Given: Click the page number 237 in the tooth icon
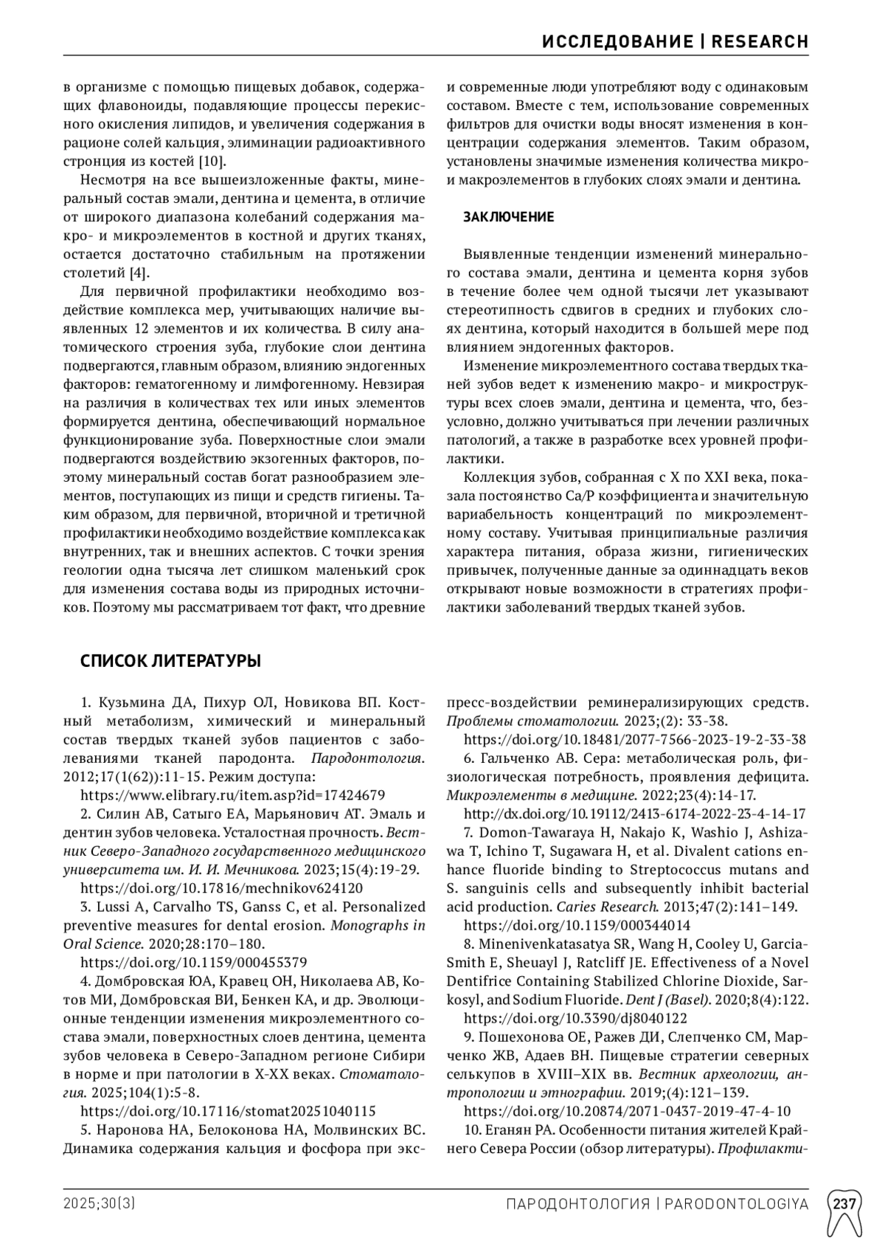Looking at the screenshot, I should tap(845, 1204).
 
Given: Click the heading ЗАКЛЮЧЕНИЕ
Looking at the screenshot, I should tap(508, 217).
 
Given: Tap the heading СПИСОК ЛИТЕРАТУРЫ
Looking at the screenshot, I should tap(170, 661).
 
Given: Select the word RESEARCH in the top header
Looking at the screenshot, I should tap(760, 41).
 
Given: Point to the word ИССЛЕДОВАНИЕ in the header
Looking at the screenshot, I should tap(617, 41).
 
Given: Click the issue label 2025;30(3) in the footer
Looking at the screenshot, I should tap(99, 1204).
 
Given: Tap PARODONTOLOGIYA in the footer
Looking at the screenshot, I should tap(737, 1204).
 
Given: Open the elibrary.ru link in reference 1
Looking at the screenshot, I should tap(232, 795).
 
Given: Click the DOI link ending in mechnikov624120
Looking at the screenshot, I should tap(221, 888).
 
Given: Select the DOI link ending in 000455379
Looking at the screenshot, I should tap(193, 962).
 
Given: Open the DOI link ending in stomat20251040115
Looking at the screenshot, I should tap(228, 1111).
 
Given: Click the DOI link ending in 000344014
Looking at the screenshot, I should tap(577, 925).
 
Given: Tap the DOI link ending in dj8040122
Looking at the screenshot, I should tap(575, 1018).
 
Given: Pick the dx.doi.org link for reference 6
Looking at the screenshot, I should tap(634, 814).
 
